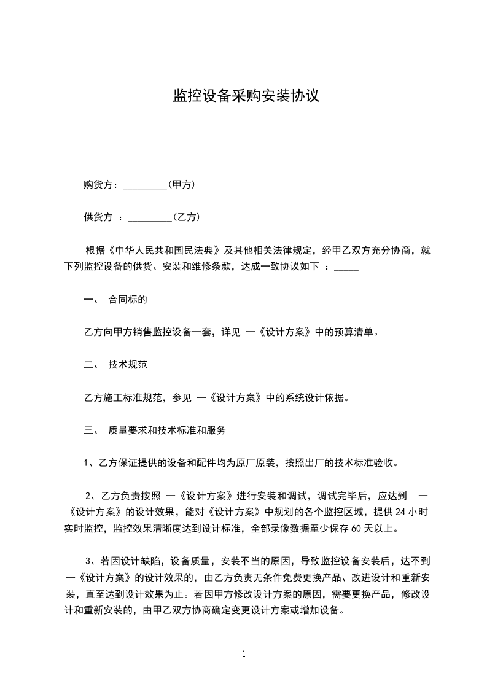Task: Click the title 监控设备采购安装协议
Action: [x=246, y=96]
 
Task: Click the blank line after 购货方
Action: [x=145, y=185]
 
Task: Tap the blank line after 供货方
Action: [x=149, y=217]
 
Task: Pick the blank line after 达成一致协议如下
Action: [x=347, y=268]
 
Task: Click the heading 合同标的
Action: [x=128, y=300]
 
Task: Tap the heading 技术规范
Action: [x=128, y=365]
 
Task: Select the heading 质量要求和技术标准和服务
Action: [x=167, y=430]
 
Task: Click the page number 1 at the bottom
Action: [x=244, y=654]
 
